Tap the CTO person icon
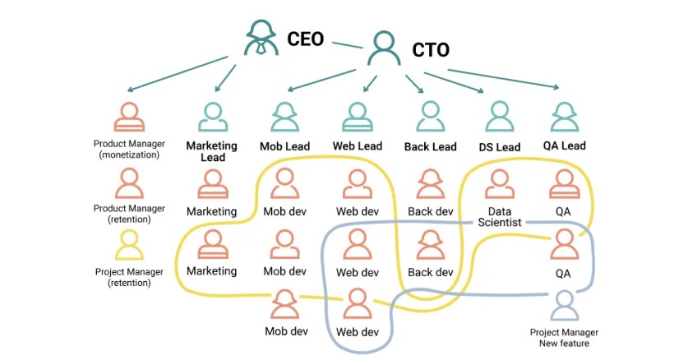click(x=384, y=48)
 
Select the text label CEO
click(x=305, y=38)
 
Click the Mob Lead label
click(x=284, y=146)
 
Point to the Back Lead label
click(x=430, y=147)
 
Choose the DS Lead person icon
click(x=499, y=118)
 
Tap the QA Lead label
click(x=564, y=146)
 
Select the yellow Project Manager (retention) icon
click(x=129, y=244)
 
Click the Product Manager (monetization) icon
click(x=129, y=118)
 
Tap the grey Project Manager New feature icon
click(x=564, y=306)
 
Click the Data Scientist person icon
click(x=499, y=184)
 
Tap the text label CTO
click(x=431, y=50)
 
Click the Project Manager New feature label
click(x=564, y=337)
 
